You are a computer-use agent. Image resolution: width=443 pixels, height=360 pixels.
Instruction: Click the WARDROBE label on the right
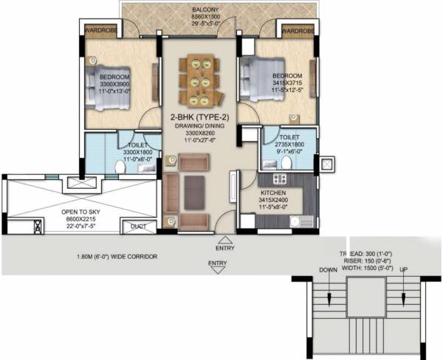click(297, 31)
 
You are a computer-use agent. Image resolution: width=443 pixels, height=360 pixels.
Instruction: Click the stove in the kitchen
click(280, 179)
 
